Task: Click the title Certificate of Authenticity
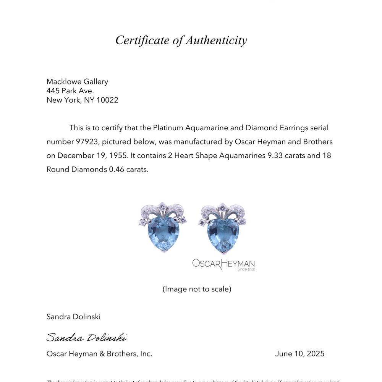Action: point(181,40)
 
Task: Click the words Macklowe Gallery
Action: point(77,81)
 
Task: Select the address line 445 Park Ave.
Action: point(70,91)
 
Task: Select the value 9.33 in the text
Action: point(270,155)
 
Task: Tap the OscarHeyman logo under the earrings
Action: point(223,264)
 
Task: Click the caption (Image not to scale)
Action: point(197,289)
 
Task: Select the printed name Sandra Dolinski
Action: point(73,316)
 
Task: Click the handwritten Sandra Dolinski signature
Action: point(86,337)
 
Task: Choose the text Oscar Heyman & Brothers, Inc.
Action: point(99,354)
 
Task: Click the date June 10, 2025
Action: point(299,354)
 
